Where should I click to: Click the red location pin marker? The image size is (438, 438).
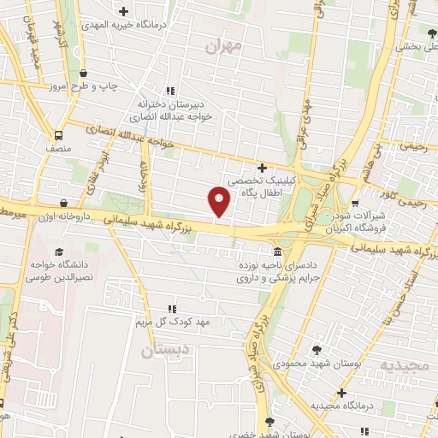(220, 200)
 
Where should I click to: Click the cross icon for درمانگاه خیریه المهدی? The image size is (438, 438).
(124, 12)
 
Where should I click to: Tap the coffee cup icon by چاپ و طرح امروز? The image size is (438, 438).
(83, 74)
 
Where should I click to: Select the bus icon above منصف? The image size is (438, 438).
(58, 135)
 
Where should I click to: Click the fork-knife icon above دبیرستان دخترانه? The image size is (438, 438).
(169, 90)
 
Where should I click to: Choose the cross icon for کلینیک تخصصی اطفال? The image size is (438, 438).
(262, 168)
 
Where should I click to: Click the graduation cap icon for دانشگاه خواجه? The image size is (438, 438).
(59, 252)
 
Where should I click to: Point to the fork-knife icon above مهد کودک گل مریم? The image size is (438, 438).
(171, 308)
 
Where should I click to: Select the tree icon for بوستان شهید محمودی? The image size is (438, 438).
(317, 350)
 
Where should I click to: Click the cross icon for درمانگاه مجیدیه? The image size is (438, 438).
(341, 393)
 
